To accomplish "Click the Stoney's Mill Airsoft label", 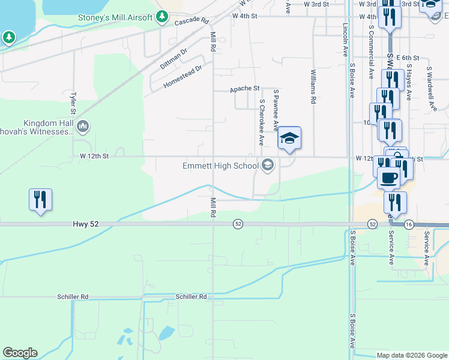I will (x=116, y=17).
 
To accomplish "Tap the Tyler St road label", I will (x=73, y=103).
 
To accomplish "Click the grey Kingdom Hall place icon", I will (x=83, y=127).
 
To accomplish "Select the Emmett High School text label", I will (x=220, y=166).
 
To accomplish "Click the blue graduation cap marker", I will (x=289, y=138).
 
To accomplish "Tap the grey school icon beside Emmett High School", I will (x=268, y=165).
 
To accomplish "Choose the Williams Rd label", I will (x=313, y=87).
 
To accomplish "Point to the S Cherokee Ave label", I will (x=261, y=123).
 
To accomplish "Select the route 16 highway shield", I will (x=409, y=224).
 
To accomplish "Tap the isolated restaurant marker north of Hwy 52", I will (x=40, y=199).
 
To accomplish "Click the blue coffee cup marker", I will (x=388, y=178).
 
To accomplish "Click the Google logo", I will (x=19, y=353).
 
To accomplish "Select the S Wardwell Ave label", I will (x=430, y=89).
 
